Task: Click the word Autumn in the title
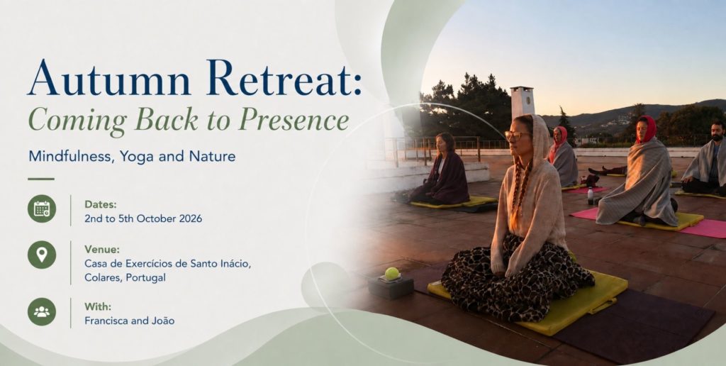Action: click(109, 78)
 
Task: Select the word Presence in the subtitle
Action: click(294, 121)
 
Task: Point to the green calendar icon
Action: click(42, 209)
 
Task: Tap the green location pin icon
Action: click(42, 255)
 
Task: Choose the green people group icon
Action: click(42, 311)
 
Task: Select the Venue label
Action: click(102, 249)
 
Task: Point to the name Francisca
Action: click(104, 321)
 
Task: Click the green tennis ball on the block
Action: click(391, 274)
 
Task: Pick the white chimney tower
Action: click(522, 102)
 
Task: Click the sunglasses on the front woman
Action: click(516, 135)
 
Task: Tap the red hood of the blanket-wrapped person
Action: click(646, 128)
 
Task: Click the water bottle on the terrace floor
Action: click(591, 196)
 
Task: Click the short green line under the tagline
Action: click(41, 179)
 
